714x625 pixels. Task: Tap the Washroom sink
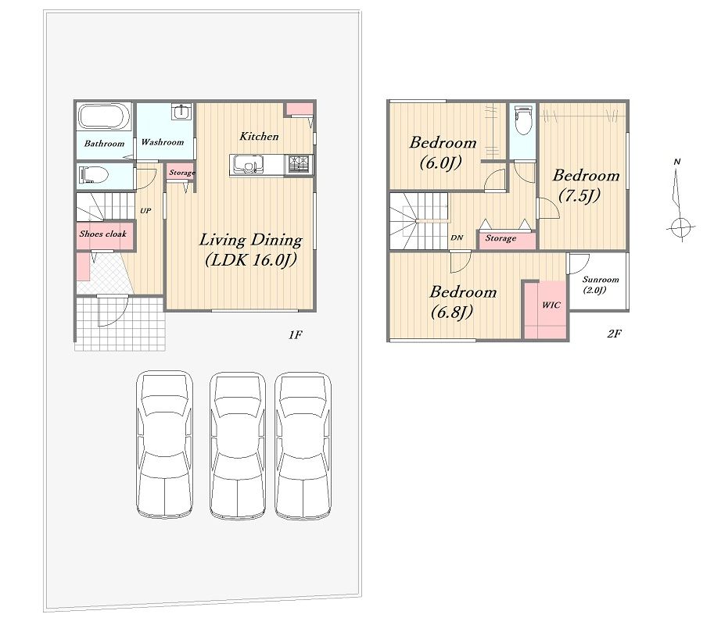[x=182, y=112]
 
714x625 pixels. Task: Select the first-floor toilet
[x=94, y=175]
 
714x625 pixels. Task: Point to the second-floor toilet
[x=522, y=120]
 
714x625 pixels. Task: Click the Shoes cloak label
[x=103, y=234]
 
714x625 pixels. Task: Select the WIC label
[x=551, y=305]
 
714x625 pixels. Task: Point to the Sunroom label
[x=601, y=280]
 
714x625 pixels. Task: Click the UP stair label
[x=145, y=211]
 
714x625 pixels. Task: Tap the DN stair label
[x=457, y=237]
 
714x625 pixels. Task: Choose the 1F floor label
[x=295, y=335]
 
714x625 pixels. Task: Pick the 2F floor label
[x=614, y=334]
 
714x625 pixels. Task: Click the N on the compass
[x=677, y=162]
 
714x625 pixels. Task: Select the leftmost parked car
[x=165, y=445]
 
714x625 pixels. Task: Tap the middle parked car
[x=238, y=446]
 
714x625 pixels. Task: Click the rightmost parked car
[x=303, y=446]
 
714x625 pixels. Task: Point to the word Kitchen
[x=259, y=136]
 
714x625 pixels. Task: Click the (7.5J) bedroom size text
[x=579, y=195]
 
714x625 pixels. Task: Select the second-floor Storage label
[x=501, y=238]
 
